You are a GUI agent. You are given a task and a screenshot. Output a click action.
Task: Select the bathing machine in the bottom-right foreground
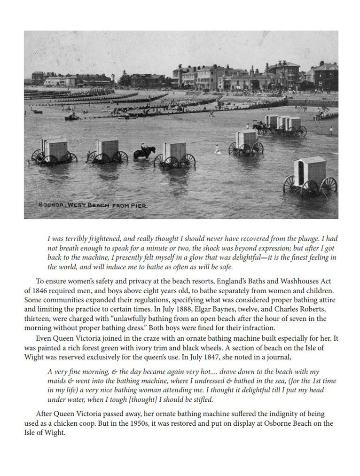pos(310,177)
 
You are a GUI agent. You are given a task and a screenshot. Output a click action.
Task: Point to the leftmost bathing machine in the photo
pos(53,151)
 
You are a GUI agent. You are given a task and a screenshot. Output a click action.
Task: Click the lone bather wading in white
pos(217,149)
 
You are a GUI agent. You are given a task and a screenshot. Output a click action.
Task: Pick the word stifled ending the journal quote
pos(203,399)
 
